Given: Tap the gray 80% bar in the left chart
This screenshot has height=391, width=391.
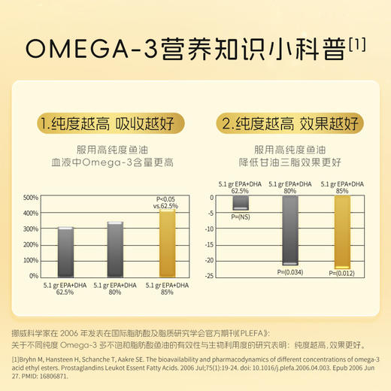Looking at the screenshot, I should pos(114,249).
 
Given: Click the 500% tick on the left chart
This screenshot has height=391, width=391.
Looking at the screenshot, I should pos(31,198).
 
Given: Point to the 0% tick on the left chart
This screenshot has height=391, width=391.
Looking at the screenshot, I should pos(34,276).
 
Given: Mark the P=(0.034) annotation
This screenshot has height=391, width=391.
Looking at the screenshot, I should pos(290,271).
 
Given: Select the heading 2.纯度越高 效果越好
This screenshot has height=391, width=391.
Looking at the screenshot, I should pos(289,123).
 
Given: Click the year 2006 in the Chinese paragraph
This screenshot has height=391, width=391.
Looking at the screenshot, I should pos(86,332).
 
